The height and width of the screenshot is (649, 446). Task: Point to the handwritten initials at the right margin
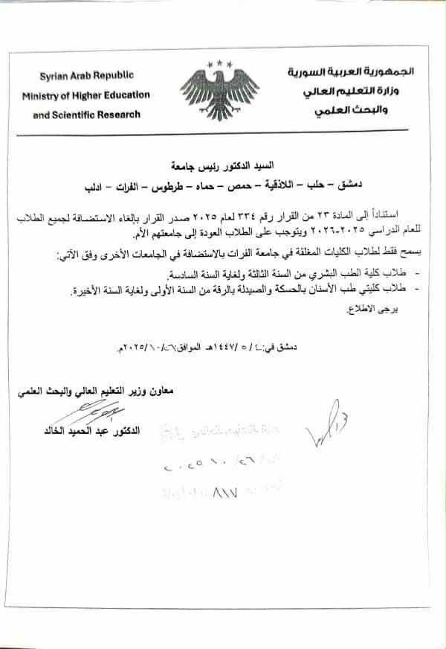coord(327,428)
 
